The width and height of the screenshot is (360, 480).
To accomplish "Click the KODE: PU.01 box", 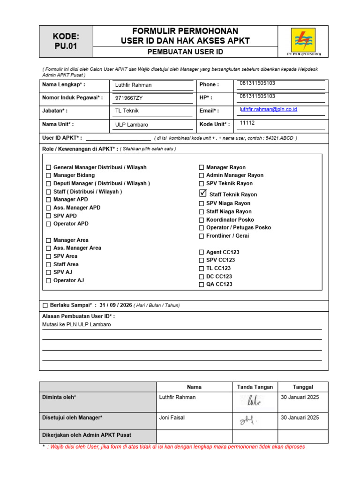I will coord(66,41).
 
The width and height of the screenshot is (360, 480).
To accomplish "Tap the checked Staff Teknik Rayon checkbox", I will coord(202,193).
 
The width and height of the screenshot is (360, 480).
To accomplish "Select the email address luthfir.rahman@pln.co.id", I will coord(269,109).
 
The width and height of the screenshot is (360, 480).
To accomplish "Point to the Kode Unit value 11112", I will coord(247,123).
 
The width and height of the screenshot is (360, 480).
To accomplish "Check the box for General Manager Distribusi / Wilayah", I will coord(49,167).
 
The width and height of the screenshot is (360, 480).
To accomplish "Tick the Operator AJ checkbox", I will coord(49,281).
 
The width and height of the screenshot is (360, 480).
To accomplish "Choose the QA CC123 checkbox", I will coord(202,285).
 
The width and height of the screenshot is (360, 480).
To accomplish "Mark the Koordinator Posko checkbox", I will coord(202,220).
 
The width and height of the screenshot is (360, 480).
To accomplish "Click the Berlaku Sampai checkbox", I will coord(45,306).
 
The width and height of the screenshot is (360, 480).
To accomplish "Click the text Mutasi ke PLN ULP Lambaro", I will coord(76,324).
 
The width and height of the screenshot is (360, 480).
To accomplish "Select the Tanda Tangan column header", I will coord(255,387).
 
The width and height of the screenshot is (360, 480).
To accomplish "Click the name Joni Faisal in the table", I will coord(174,418).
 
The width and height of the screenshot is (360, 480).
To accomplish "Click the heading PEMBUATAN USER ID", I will coord(185,52).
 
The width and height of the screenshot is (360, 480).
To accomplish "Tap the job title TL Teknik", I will coord(127,111).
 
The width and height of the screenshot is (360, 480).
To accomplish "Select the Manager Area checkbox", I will coord(49,240).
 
